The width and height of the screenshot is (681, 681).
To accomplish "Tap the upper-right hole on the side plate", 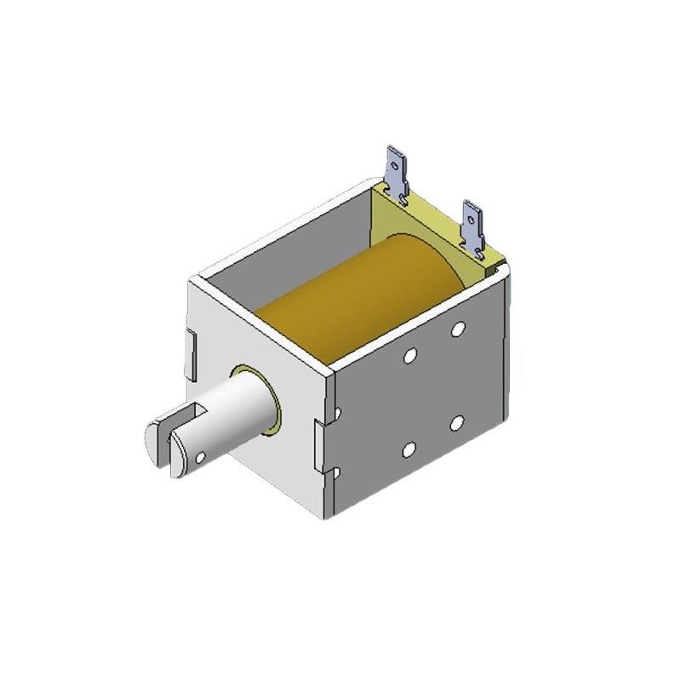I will (x=458, y=329).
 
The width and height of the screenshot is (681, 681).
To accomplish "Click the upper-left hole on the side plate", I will (x=409, y=356).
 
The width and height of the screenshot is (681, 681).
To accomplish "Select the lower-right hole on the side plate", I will (x=457, y=423).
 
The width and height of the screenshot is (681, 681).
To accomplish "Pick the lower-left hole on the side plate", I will (x=409, y=449).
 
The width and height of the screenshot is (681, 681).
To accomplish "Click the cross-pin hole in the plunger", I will (x=200, y=457).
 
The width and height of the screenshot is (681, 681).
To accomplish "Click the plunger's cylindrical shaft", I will (x=234, y=417).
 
